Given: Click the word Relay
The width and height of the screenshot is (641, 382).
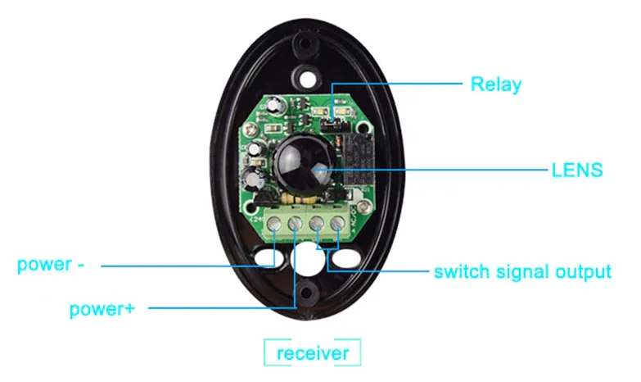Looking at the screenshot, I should click(495, 84).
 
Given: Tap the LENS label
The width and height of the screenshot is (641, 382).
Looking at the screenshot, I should click(577, 171).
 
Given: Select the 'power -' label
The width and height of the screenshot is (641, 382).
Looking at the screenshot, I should click(51, 265).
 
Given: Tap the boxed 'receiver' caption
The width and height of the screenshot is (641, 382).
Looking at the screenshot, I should click(313, 353).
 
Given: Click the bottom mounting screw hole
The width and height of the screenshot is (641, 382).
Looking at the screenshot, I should click(306, 295).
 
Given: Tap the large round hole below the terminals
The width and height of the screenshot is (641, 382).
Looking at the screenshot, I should click(306, 261).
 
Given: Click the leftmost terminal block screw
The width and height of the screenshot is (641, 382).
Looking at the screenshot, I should click(276, 222).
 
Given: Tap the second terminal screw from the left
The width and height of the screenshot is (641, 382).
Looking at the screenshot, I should click(296, 222).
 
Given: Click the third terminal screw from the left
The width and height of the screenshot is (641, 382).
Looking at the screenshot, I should click(317, 222).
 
